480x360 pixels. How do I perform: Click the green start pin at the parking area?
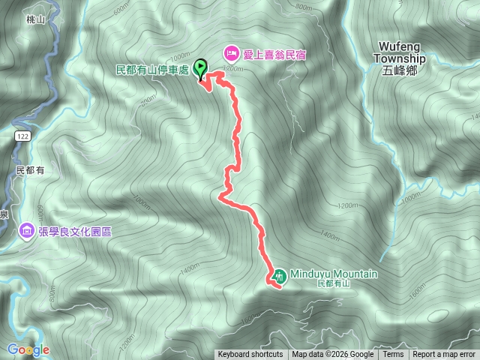(x=201, y=69)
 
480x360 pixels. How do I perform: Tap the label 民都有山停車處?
(x=153, y=70)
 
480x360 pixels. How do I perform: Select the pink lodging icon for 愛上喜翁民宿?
(x=232, y=54)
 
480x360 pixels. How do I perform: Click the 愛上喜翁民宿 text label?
(x=274, y=54)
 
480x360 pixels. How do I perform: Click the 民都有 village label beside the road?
(x=31, y=171)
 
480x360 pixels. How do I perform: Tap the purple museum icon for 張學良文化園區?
(x=26, y=229)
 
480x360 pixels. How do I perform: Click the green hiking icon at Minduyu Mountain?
(x=279, y=275)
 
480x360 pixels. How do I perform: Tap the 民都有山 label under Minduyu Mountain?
(x=334, y=284)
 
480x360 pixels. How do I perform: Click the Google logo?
(x=28, y=349)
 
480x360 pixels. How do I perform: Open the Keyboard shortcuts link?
(x=250, y=355)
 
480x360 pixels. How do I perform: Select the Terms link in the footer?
(x=393, y=355)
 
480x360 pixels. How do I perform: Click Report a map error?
(x=444, y=355)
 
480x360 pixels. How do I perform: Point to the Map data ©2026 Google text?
(x=333, y=355)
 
